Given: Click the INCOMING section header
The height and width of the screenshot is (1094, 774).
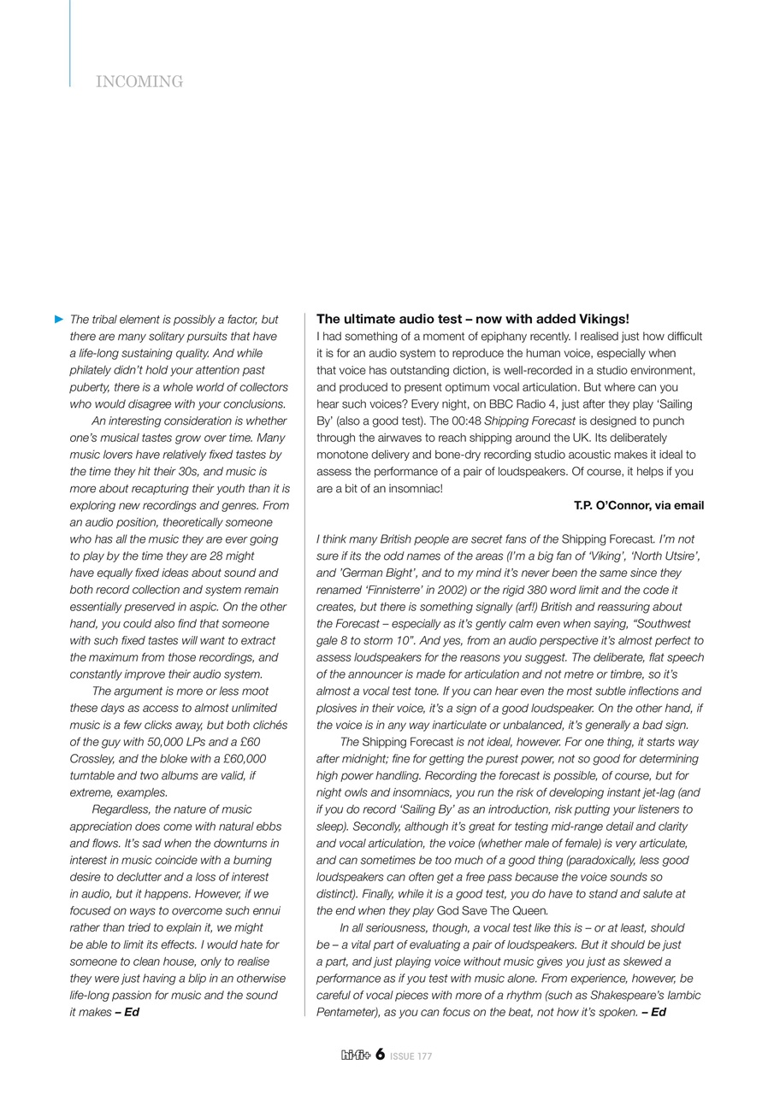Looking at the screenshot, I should [x=139, y=82].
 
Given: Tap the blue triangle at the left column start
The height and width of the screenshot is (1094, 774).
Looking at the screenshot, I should [x=59, y=319].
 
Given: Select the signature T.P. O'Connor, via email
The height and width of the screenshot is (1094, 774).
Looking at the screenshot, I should [x=638, y=505].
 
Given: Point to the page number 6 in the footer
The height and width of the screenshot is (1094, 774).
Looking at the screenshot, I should [x=379, y=1055].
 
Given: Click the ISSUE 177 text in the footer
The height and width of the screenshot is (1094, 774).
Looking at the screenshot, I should [x=411, y=1056].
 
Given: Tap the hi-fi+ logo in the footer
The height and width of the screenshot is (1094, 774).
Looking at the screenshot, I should [x=355, y=1056].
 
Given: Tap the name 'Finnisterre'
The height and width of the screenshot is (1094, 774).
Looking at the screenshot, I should [x=401, y=590].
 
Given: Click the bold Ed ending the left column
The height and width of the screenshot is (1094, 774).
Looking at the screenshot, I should [x=132, y=1012].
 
